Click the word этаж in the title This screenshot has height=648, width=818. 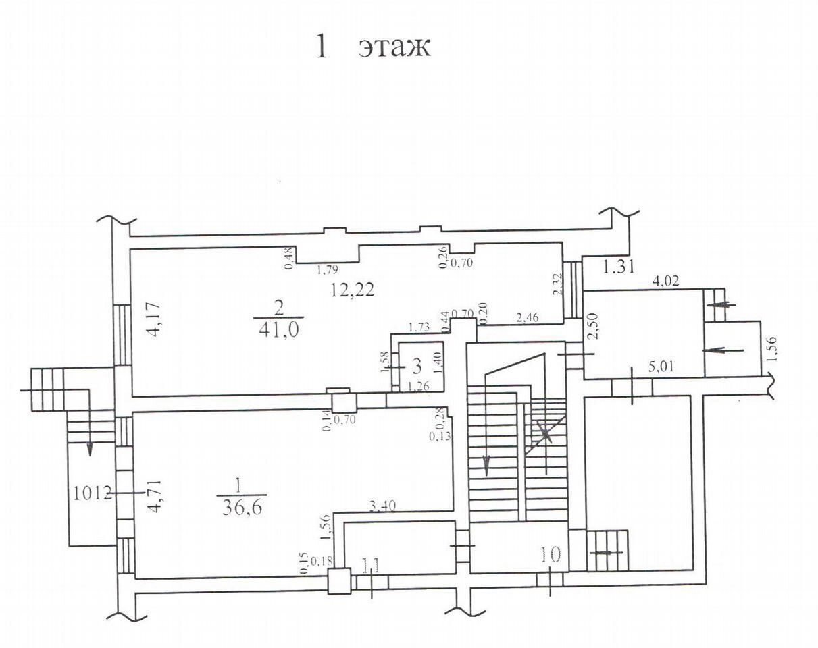(x=394, y=47)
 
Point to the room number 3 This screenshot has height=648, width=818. (x=417, y=367)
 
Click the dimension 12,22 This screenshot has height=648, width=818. (x=352, y=290)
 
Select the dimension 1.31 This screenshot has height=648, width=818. (x=618, y=267)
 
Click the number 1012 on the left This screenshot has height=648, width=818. (x=90, y=493)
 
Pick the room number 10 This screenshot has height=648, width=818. (x=551, y=555)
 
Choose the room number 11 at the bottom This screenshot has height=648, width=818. (x=371, y=564)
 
